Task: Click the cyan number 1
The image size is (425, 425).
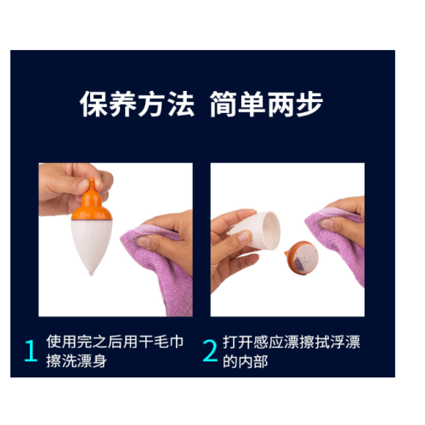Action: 31,350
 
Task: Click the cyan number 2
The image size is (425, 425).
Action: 210,350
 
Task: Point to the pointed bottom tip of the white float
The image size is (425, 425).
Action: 91,274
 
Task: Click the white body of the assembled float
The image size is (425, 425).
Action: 91,245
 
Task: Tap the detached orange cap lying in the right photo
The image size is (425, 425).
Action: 302,258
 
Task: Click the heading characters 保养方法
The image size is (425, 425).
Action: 137,104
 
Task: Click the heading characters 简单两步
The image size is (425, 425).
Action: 266,104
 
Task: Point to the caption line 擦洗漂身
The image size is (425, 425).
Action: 76,361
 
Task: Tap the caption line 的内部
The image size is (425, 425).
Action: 246,361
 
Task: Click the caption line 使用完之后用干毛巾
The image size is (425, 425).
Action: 115,342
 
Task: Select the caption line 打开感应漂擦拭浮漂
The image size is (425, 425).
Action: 292,342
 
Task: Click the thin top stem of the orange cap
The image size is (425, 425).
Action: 92,184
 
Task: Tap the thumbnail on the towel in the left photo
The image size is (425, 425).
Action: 144,241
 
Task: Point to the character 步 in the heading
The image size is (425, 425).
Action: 309,104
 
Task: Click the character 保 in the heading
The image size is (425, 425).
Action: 93,104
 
